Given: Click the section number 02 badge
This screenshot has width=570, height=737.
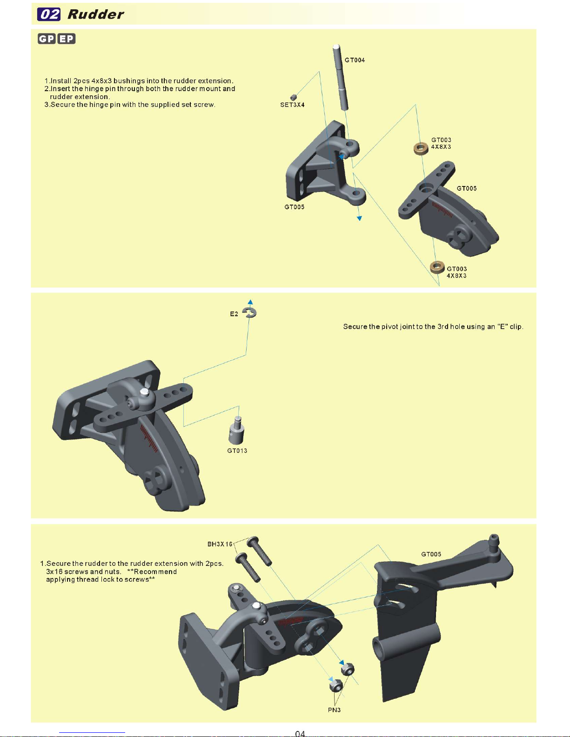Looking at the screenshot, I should tap(49, 14).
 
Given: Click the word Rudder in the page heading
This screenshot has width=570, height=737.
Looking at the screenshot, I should tap(96, 14).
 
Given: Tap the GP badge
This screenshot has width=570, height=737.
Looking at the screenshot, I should tap(47, 39).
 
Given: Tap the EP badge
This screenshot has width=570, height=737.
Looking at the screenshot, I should tap(67, 39).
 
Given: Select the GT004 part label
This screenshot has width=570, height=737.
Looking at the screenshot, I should tap(355, 60).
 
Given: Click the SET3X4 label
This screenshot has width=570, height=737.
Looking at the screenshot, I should tap(292, 105).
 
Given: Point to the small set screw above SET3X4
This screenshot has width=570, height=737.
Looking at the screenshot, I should tap(294, 97).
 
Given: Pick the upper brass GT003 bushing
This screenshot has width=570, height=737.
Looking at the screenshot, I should tap(421, 148).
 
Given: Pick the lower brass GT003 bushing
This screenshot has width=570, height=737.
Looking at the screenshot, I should tap(437, 267).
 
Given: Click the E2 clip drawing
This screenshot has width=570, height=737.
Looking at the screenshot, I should tap(251, 312).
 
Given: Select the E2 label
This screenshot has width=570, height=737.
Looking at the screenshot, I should tap(234, 314).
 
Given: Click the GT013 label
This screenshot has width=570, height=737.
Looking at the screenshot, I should tap(237, 451).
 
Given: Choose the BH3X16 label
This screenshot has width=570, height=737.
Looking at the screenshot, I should tap(220, 544).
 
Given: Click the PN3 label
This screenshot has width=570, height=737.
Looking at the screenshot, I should tap(334, 710).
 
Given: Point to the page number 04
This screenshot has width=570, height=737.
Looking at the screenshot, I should tap(300, 733).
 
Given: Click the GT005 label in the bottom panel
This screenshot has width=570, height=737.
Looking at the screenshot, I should tap(431, 554).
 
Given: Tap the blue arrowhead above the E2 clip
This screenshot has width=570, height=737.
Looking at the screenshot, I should tap(250, 302).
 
